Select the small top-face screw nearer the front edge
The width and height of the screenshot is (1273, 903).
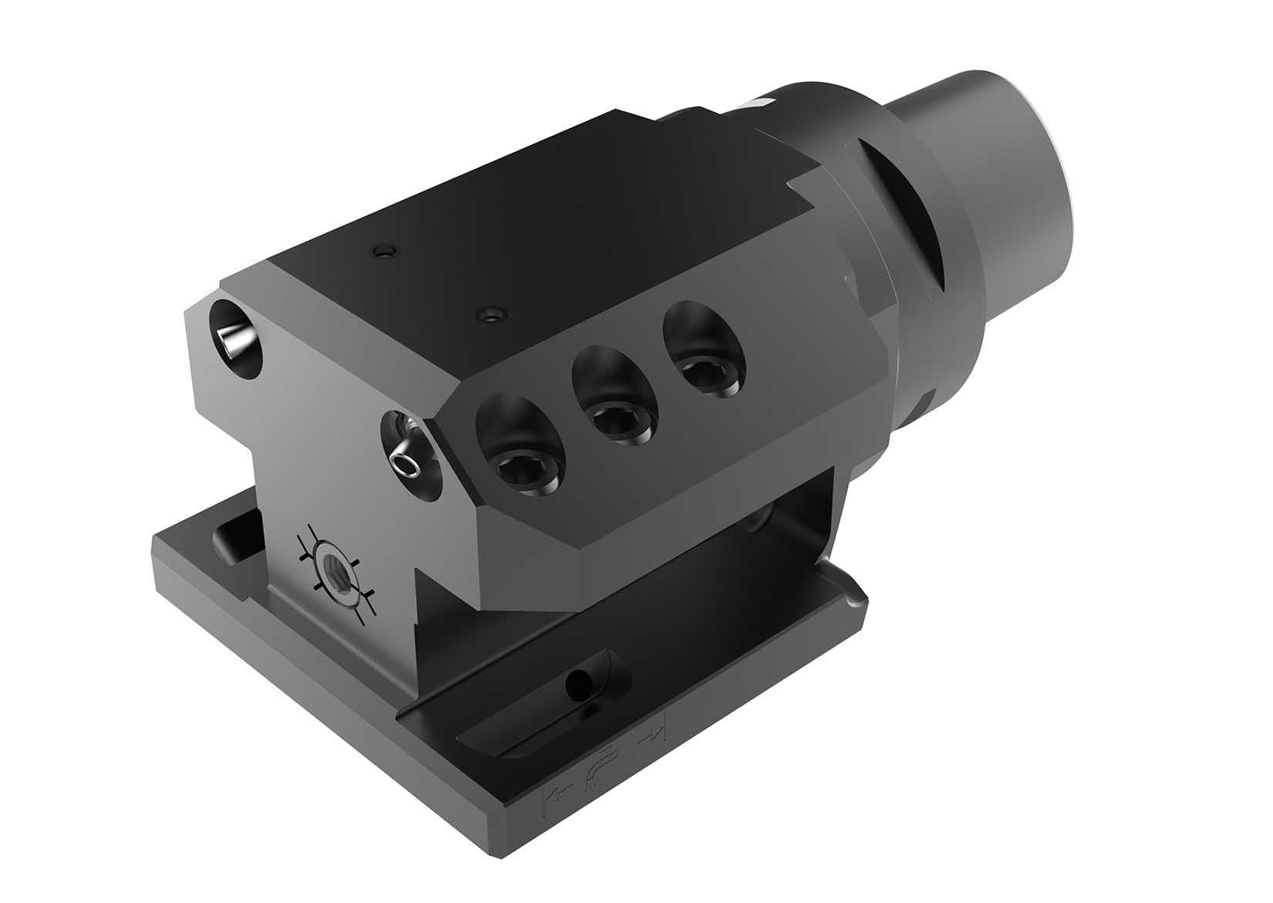[x=490, y=313]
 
